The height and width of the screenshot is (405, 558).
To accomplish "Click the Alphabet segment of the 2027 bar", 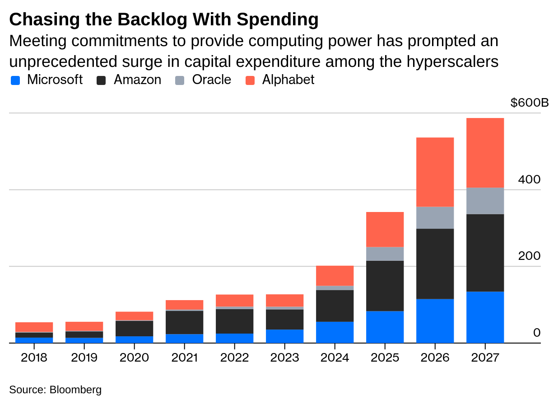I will (x=485, y=153).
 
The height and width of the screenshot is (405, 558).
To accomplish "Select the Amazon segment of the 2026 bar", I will (x=435, y=264).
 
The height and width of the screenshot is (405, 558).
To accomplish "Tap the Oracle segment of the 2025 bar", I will (x=385, y=254).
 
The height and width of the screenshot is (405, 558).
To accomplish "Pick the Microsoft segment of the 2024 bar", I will (x=335, y=332).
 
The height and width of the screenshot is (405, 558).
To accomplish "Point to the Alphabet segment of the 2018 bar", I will (x=34, y=327).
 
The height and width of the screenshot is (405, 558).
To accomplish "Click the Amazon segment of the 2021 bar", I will (x=184, y=322).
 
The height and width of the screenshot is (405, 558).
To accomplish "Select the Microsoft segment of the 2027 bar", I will (x=485, y=317).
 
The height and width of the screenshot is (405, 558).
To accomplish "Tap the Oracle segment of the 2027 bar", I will (x=485, y=201).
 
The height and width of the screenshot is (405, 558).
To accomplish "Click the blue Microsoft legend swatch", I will (x=15, y=80).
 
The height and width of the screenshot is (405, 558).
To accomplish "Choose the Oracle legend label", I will (x=211, y=80).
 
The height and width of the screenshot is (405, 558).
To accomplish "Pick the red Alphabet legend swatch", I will (x=250, y=80).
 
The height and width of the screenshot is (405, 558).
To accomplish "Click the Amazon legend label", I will (x=137, y=80).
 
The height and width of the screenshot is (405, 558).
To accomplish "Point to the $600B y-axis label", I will (x=529, y=103).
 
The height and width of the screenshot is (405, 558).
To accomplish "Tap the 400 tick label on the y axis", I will (x=529, y=179).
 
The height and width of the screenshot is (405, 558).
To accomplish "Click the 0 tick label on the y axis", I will (x=536, y=333).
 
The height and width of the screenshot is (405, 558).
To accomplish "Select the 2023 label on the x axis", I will (x=284, y=358).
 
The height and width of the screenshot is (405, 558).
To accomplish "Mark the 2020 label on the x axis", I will (x=134, y=358).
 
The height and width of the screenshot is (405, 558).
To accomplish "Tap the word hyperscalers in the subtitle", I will (x=453, y=61).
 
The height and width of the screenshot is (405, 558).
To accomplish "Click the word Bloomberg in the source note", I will (x=75, y=390).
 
